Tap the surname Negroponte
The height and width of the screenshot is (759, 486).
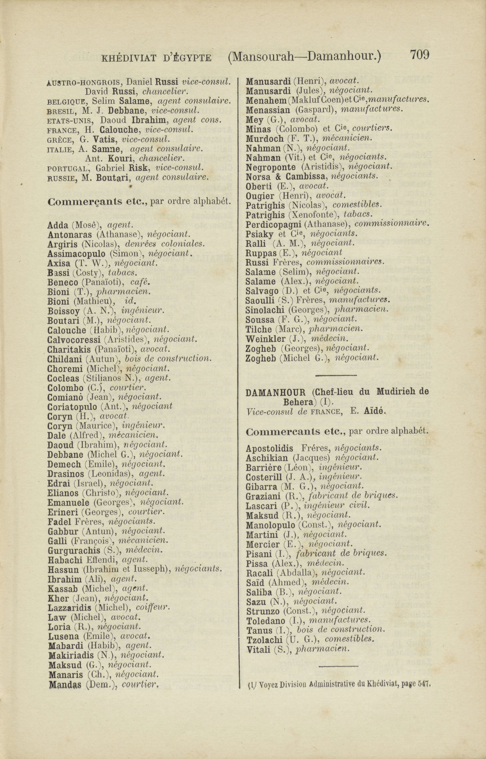270,167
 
